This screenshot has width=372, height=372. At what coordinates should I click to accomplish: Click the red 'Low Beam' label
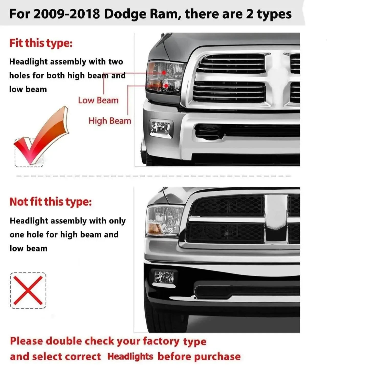98,100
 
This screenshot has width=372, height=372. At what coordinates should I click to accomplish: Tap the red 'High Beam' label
110,121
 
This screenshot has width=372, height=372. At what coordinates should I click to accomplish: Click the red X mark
28,291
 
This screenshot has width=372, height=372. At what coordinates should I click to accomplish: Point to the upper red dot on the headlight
164,73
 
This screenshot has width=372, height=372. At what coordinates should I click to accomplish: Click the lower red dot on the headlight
166,85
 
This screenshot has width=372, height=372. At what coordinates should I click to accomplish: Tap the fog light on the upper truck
161,128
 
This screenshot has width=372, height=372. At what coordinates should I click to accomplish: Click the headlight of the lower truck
165,221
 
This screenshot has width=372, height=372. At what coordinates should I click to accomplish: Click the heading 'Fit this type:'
41,43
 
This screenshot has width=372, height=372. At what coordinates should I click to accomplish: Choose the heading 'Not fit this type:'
51,202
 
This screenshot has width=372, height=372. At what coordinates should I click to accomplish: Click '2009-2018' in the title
67,14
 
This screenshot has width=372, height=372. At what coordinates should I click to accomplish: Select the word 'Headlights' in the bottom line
130,357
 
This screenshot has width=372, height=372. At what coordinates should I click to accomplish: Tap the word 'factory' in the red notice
161,341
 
